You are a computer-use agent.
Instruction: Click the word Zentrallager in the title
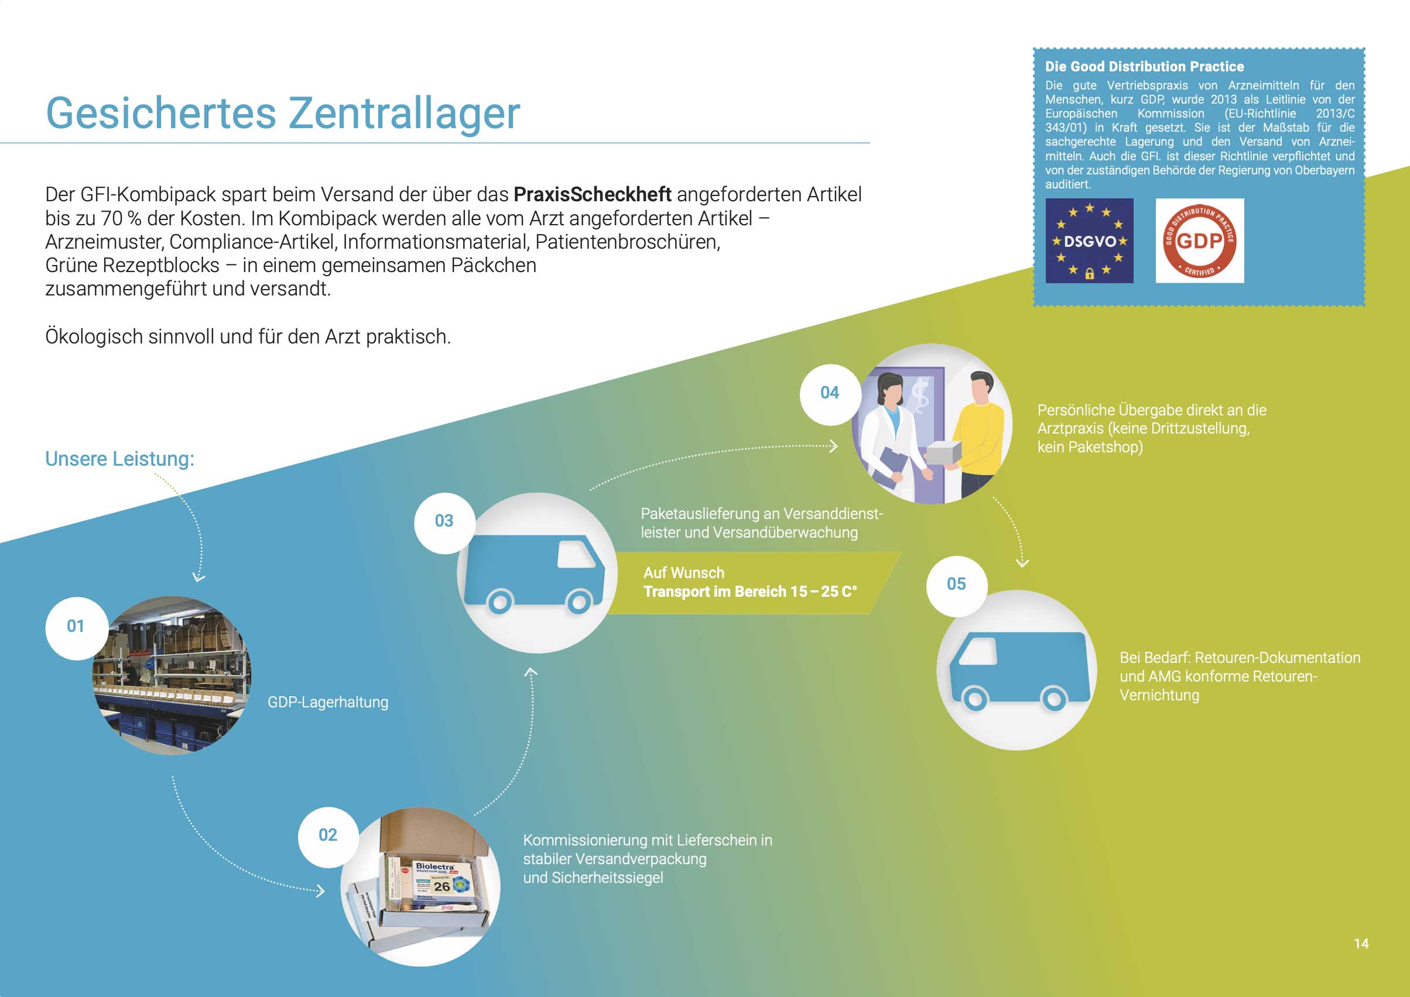pos(404,114)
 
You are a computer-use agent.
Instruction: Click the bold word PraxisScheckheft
pos(592,195)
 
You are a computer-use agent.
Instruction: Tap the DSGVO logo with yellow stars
pos(1089,240)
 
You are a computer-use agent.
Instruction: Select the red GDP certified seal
pos(1199,240)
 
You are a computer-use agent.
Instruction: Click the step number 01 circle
pos(76,627)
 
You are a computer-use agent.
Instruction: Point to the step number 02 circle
pos(328,836)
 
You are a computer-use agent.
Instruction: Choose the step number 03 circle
pos(444,522)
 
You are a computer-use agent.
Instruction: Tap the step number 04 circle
pos(830,394)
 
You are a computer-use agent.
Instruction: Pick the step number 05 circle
pos(957,585)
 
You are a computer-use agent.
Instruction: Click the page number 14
pos(1361,944)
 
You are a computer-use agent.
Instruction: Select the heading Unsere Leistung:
pos(120,459)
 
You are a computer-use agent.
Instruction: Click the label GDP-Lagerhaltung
pos(328,702)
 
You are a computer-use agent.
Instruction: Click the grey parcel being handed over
pos(944,454)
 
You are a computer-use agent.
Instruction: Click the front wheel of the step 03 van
pos(578,601)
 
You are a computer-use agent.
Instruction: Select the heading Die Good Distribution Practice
pos(1144,67)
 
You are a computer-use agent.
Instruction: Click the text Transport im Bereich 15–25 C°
pos(750,592)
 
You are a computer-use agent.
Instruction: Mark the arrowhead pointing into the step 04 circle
pos(834,446)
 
